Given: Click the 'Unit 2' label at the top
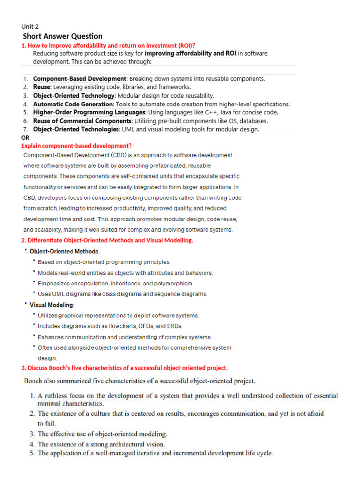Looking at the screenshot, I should (x=30, y=26).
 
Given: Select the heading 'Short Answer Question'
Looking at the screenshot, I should (x=63, y=36).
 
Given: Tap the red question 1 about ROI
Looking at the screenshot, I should (x=108, y=45).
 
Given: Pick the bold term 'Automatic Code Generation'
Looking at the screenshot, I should (x=74, y=104).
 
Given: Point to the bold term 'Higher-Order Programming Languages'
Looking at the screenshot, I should (x=89, y=112).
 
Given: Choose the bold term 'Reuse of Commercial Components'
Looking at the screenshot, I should (x=83, y=121).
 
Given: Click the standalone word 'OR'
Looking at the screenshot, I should (x=25, y=137).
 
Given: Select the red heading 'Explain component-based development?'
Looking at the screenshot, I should (x=76, y=146).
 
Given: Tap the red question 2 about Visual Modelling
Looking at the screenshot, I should (x=107, y=241).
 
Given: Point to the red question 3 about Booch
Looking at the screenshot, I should (x=124, y=368).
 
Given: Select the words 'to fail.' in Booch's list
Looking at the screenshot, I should (x=47, y=423).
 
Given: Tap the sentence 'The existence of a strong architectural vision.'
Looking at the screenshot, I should (x=101, y=444).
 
